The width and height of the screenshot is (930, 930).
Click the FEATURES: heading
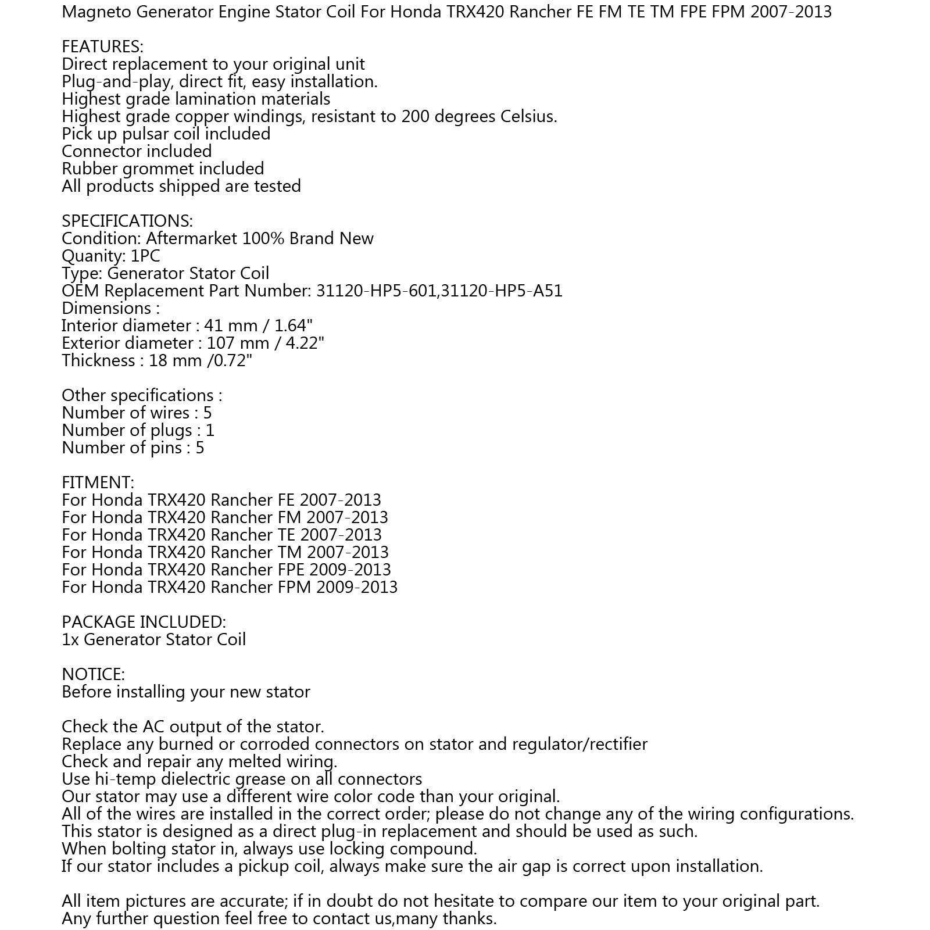102,46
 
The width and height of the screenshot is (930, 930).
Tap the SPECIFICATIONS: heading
127,221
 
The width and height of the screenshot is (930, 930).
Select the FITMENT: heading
98,482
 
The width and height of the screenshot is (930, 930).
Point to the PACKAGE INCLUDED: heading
144,622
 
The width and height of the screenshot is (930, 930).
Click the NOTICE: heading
93,674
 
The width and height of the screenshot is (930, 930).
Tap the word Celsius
528,116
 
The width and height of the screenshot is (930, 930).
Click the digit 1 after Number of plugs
210,430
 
